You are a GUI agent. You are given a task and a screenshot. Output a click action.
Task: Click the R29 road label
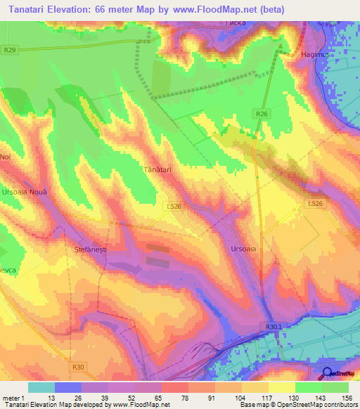[x=9, y=50]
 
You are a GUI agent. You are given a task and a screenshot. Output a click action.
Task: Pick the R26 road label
[x=262, y=113]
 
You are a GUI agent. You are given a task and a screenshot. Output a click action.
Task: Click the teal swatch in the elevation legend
[x=41, y=387]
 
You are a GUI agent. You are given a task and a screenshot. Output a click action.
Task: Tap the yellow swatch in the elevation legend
[x=281, y=387]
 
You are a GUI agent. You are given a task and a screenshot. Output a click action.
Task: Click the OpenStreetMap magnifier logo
[x=328, y=373]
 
